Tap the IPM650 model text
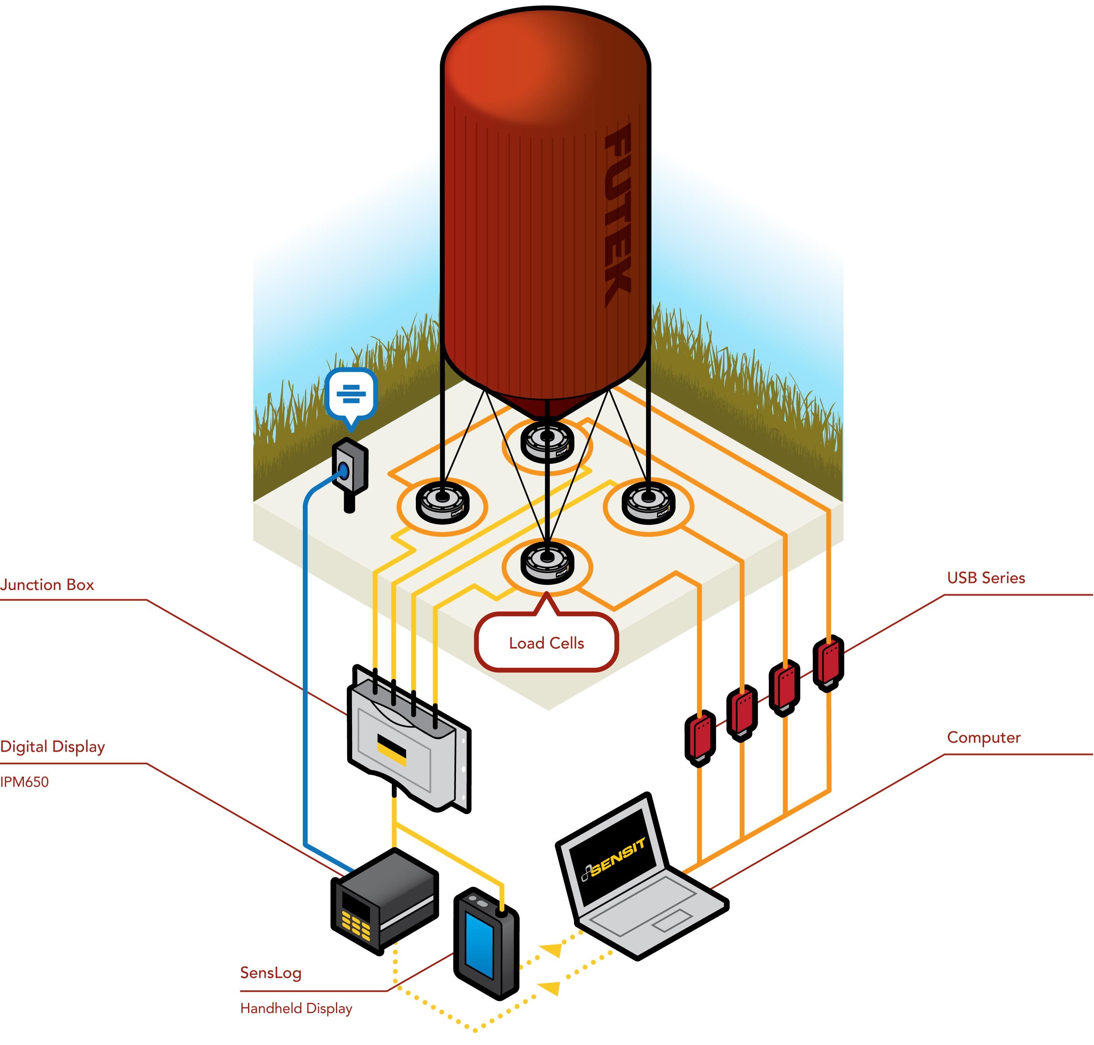click(x=25, y=782)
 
